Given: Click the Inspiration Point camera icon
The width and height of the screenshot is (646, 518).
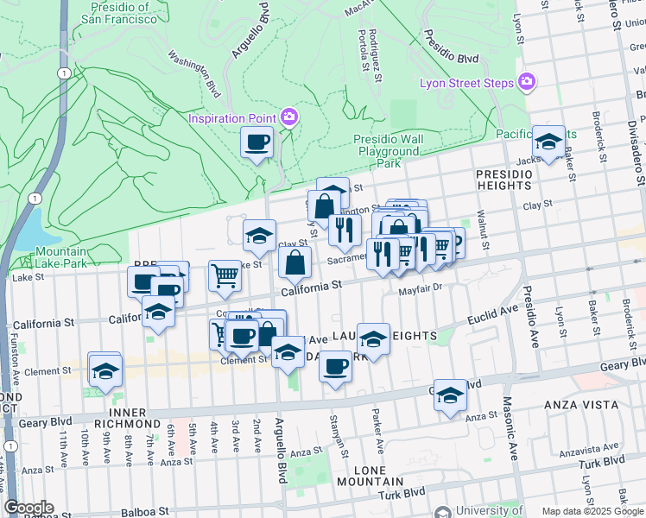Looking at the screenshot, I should pyautogui.click(x=289, y=117).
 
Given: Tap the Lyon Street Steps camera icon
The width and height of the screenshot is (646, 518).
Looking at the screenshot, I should pyautogui.click(x=527, y=83).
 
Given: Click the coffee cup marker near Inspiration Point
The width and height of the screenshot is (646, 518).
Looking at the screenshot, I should pyautogui.click(x=256, y=142).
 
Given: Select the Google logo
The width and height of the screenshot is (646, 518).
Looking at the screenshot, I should pyautogui.click(x=28, y=508).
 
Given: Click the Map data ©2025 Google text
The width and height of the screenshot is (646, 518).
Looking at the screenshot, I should pyautogui.click(x=592, y=511).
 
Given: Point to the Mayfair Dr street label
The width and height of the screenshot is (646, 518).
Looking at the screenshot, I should pyautogui.click(x=420, y=290).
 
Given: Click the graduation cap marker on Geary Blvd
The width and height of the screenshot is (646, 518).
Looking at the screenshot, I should pyautogui.click(x=450, y=395).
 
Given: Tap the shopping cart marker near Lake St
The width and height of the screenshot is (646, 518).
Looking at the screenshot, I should pyautogui.click(x=225, y=275).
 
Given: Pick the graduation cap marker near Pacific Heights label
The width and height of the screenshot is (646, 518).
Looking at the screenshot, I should pyautogui.click(x=548, y=142).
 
